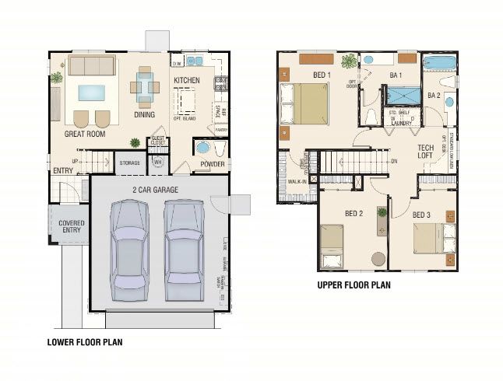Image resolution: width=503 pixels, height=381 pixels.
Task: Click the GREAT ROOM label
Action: (84, 134)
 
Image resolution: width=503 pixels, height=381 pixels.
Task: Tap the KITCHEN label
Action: (187, 80)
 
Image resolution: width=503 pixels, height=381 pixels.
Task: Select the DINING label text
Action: (146, 114)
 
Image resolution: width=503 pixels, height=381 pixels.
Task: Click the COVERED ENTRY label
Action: (72, 227)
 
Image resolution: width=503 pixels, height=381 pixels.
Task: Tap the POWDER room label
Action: (213, 164)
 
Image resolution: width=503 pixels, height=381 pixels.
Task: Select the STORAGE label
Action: (128, 163)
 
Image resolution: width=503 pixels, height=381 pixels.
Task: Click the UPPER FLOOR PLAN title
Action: (354, 285)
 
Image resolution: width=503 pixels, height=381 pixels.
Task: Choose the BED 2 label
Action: (354, 213)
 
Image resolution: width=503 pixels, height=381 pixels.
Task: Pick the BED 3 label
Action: (421, 214)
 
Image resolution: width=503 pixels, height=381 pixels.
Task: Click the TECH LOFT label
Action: (425, 151)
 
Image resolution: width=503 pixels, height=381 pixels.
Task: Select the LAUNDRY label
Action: (401, 123)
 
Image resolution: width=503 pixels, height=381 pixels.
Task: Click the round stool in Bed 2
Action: (378, 260)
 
